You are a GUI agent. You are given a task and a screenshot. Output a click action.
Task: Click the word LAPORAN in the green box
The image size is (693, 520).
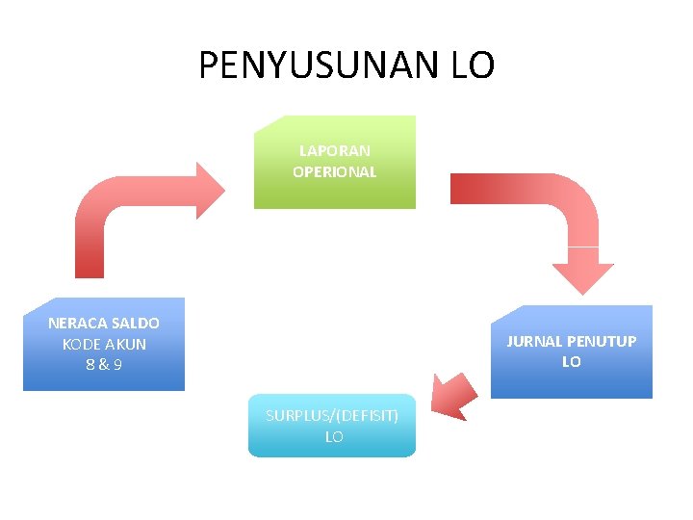coord(334,151)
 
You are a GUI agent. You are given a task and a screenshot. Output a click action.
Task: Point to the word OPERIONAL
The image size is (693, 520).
coord(334,172)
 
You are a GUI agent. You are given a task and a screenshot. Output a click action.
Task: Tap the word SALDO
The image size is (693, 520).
coord(136,324)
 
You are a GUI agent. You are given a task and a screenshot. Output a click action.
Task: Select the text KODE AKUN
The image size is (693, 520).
coord(104,344)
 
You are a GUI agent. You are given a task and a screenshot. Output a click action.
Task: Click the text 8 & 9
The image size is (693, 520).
coord(104,365)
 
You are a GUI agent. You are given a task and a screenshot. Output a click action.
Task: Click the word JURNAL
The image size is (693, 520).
coord(534,342)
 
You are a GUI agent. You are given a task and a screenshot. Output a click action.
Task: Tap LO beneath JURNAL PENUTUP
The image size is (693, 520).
coord(572,362)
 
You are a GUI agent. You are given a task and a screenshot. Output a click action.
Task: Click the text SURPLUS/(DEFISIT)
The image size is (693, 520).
coord(332,415)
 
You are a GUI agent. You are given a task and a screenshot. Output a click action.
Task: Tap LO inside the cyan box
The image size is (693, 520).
coord(333,436)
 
